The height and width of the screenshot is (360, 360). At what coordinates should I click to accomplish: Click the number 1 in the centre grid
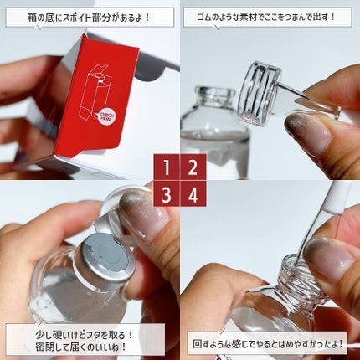coord(167,167)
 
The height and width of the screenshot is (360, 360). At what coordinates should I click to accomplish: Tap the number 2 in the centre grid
coord(193,167)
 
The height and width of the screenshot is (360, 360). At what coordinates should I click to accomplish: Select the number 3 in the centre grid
coord(167,194)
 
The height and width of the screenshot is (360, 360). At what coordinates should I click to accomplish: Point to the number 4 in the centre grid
coord(193,194)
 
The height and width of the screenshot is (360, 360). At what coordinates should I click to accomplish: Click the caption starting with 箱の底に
coord(90,16)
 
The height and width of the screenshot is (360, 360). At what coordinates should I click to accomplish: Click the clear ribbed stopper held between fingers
coord(261,89)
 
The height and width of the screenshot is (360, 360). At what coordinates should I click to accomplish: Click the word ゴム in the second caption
coord(202,16)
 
